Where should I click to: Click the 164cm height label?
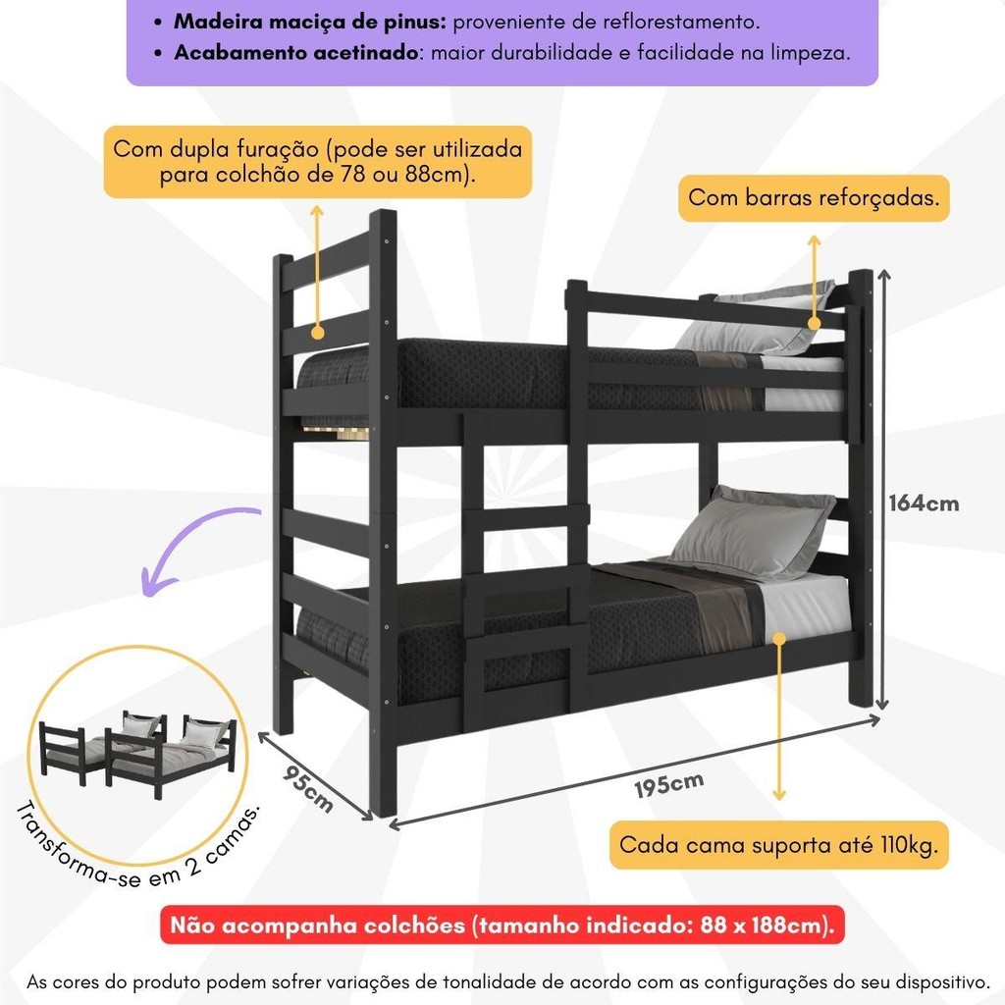point(924,503)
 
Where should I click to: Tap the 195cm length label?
point(669,784)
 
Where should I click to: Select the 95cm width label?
point(308,789)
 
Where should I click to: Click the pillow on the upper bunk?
point(757,319)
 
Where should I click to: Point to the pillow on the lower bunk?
point(751,532)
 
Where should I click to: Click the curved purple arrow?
point(192,545)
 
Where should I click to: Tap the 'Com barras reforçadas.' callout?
point(814,198)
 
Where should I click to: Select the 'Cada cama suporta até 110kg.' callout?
point(778,845)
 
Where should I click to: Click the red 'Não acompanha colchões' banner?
point(502,925)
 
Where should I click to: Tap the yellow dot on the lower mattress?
point(778,638)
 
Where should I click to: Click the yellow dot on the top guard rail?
point(814,324)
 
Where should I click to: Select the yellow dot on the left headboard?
point(317,333)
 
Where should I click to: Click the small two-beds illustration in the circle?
point(137,751)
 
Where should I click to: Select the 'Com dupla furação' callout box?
point(318,162)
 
